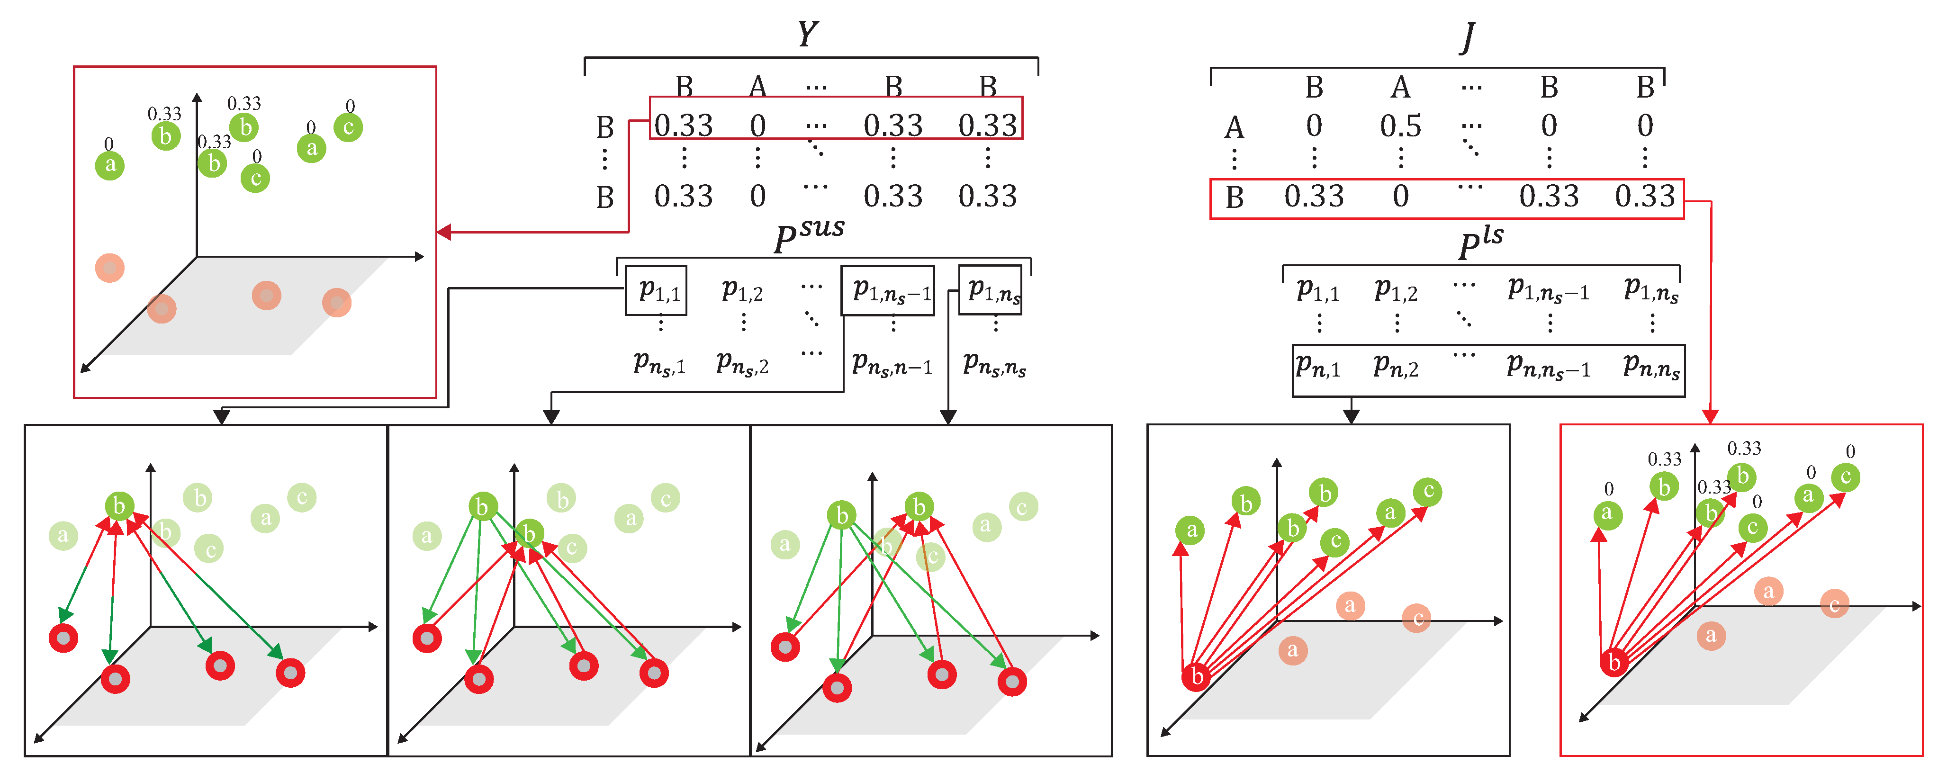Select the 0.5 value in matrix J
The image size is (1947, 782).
click(x=1400, y=126)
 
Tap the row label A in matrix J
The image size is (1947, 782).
click(x=1234, y=128)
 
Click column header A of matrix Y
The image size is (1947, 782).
click(x=758, y=87)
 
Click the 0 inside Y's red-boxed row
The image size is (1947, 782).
click(x=758, y=126)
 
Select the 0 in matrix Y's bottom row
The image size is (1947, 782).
click(x=758, y=197)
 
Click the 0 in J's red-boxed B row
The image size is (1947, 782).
click(x=1400, y=197)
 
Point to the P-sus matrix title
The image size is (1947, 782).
click(x=808, y=236)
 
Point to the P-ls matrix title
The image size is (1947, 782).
click(x=1480, y=243)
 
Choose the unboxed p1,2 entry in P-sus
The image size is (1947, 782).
click(x=742, y=291)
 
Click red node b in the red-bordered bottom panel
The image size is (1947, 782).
click(x=1613, y=663)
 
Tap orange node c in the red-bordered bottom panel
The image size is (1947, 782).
click(x=1834, y=604)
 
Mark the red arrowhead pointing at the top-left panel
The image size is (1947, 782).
click(x=444, y=232)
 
